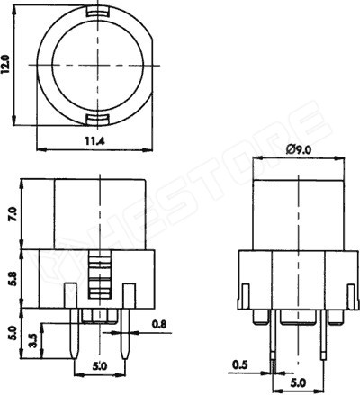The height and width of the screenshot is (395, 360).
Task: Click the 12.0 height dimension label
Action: tap(7, 64)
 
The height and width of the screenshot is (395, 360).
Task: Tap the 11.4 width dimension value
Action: tap(94, 140)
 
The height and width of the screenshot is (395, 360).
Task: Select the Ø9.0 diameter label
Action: tap(299, 149)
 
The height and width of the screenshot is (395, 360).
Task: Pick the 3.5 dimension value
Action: tap(34, 340)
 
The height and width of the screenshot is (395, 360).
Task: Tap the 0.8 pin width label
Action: tap(159, 325)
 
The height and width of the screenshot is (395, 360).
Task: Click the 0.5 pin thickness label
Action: tap(240, 364)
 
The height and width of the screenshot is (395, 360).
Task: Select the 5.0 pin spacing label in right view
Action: tap(299, 382)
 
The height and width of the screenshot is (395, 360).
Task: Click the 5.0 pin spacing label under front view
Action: tap(100, 366)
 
